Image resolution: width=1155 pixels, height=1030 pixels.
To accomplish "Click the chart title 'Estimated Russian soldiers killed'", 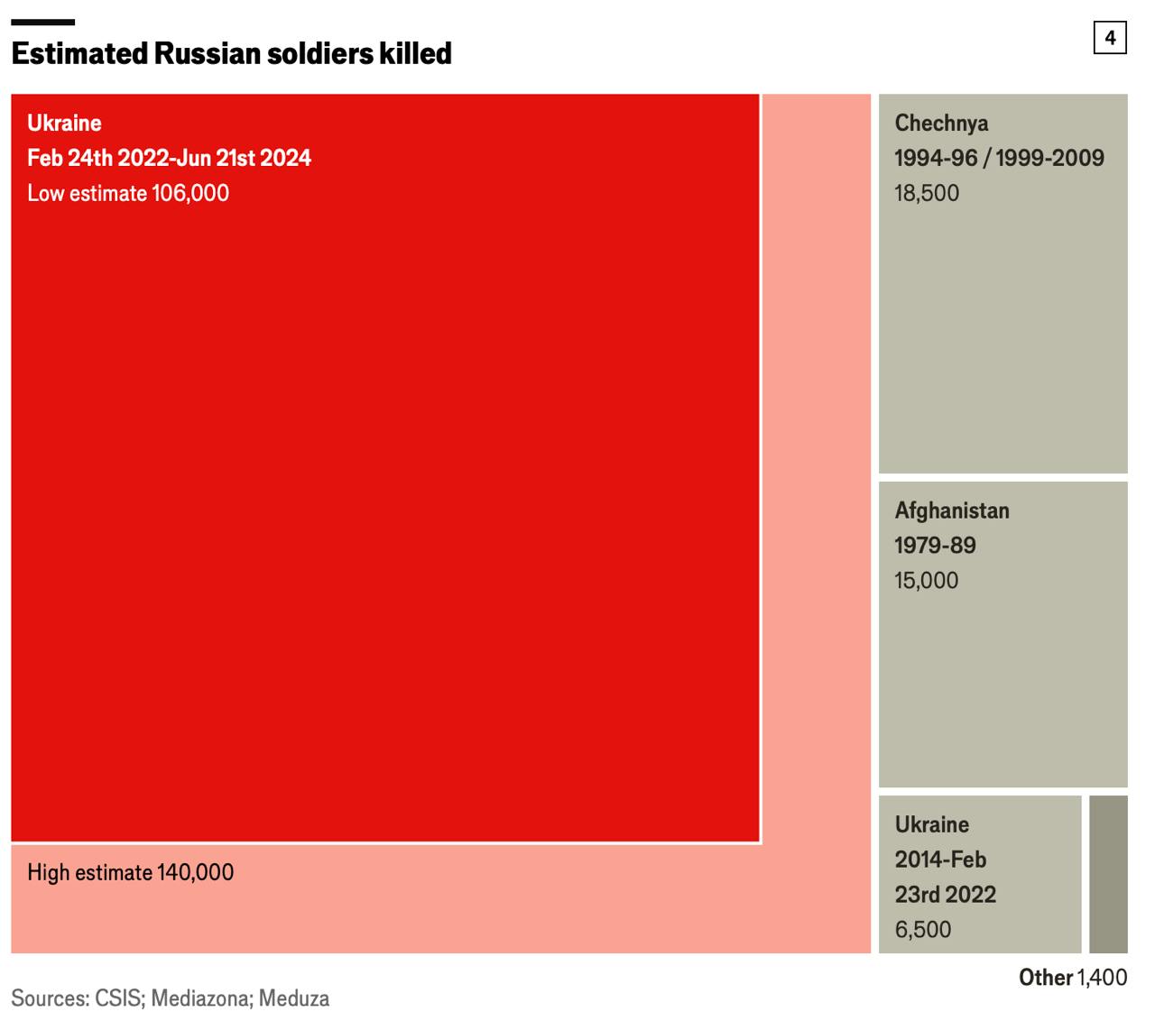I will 231,53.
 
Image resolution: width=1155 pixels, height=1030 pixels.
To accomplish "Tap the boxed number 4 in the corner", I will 1110,38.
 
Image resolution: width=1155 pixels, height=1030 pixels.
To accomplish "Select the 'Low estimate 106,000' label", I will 128,193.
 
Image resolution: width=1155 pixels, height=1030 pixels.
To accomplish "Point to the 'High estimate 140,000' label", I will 130,872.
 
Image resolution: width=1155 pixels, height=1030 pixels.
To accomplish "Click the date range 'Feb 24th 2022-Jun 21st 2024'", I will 169,158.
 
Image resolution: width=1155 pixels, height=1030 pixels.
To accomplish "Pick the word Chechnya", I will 941,123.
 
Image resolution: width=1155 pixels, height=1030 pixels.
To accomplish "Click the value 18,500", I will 927,193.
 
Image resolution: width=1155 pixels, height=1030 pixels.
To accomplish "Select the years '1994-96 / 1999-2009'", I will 999,158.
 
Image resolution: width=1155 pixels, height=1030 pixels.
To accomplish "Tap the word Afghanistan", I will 952,510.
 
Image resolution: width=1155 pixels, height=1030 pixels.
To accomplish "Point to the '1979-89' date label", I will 935,546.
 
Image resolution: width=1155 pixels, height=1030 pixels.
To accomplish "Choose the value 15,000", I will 926,581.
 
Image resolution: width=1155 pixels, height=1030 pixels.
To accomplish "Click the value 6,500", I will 923,930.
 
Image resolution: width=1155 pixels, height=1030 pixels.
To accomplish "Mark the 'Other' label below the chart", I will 1046,977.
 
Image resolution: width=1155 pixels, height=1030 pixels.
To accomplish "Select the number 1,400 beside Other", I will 1103,977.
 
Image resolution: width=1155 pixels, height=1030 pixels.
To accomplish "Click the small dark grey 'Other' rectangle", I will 1108,874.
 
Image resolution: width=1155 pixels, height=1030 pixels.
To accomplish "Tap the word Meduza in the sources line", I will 294,998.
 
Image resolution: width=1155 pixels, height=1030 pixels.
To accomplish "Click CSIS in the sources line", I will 118,998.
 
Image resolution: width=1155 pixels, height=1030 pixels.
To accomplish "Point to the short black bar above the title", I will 42,22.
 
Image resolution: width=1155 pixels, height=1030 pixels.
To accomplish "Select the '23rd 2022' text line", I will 945,895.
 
